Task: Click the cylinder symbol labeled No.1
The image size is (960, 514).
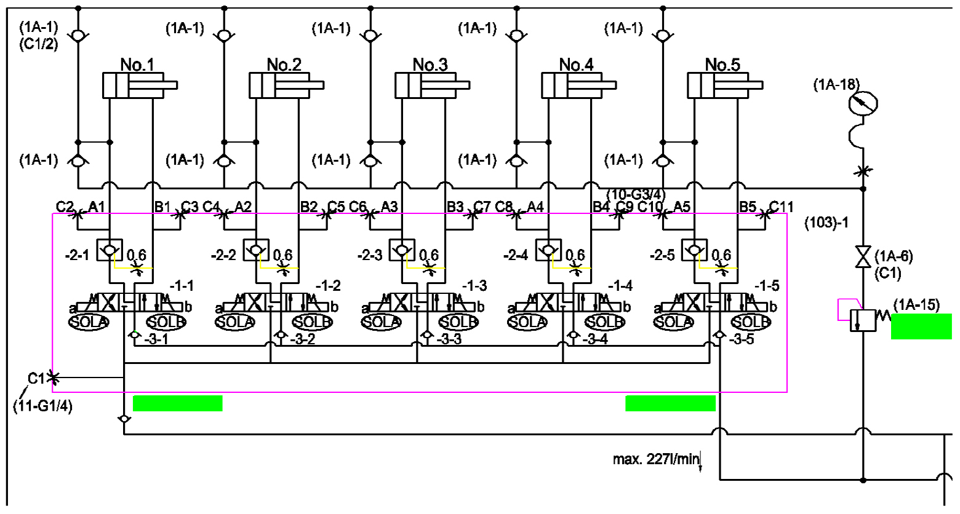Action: click(x=133, y=85)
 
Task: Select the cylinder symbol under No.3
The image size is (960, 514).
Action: click(x=425, y=85)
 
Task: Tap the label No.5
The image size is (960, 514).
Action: click(x=722, y=65)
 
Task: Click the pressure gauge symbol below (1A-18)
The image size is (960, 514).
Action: click(x=862, y=104)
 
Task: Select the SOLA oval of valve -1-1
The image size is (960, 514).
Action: click(x=89, y=322)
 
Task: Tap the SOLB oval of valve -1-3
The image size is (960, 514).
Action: click(x=458, y=322)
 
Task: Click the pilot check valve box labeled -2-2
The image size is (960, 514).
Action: click(x=255, y=249)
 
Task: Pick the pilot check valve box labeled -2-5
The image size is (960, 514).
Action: click(x=694, y=249)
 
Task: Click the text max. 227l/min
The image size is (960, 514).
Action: click(x=656, y=459)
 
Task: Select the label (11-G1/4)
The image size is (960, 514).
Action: click(x=42, y=406)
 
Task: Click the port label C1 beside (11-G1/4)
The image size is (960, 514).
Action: click(x=36, y=378)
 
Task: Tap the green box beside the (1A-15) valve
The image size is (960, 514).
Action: click(x=921, y=326)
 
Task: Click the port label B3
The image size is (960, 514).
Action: click(x=455, y=207)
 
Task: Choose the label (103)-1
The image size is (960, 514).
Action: click(x=826, y=223)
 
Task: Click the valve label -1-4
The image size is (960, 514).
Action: click(x=620, y=286)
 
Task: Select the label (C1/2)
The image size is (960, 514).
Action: click(x=38, y=43)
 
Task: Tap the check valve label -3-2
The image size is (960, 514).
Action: click(x=303, y=339)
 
